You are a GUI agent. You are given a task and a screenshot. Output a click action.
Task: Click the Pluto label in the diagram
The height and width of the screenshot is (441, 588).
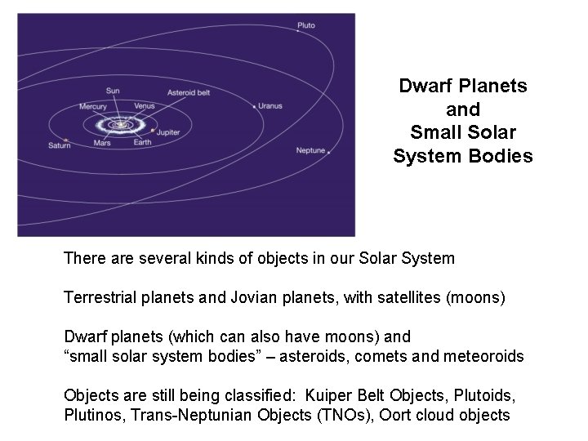(305, 26)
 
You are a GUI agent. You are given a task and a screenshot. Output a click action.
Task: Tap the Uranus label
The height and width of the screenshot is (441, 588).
(270, 105)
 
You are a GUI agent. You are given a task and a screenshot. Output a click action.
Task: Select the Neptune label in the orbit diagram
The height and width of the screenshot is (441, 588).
(310, 150)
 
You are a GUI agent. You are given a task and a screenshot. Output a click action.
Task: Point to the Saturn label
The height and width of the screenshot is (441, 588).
(59, 145)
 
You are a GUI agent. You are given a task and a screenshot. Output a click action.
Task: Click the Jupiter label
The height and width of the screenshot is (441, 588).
(168, 131)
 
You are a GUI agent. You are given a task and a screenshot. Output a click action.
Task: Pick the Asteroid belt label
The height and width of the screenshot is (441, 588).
(189, 93)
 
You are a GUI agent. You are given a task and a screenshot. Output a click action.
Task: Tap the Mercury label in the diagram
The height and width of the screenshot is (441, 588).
(93, 106)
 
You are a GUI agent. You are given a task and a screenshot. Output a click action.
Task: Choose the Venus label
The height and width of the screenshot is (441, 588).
(145, 106)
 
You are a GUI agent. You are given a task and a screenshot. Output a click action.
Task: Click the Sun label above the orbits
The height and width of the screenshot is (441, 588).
(113, 91)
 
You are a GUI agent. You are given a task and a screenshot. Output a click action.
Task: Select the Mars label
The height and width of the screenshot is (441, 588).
(102, 143)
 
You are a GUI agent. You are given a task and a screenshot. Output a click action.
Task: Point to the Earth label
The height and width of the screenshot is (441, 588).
(143, 143)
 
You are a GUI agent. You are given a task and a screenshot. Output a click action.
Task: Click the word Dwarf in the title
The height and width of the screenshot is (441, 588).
(425, 86)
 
